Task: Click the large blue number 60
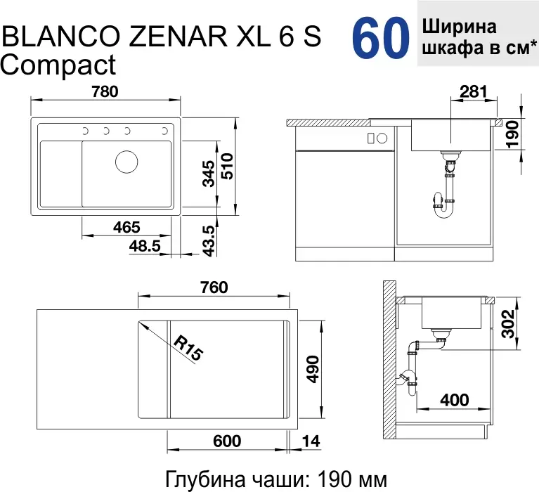point(380,37)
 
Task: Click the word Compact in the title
point(58,65)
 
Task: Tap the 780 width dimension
point(105,92)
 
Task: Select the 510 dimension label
point(227,167)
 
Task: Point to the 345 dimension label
point(209,174)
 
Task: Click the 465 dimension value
point(126,227)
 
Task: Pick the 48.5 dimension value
point(145,246)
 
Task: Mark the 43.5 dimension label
point(209,241)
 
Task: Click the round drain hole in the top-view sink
point(126,162)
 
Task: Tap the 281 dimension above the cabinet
point(474,92)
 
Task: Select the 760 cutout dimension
point(214,287)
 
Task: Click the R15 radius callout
point(188,348)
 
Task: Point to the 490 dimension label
point(313,369)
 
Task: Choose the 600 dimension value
point(227,441)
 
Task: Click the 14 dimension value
point(311,441)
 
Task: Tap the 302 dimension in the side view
point(507,324)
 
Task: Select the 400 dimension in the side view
point(455,400)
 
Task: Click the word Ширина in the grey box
point(460,27)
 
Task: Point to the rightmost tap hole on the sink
point(164,131)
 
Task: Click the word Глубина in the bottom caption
point(206,480)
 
